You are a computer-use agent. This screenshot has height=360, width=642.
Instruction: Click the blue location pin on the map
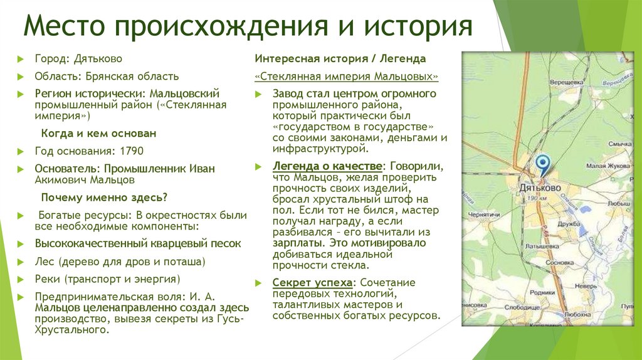(x=543, y=164)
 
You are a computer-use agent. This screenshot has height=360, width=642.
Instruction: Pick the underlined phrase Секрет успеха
(x=312, y=282)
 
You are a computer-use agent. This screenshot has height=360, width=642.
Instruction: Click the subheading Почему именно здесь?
(x=104, y=198)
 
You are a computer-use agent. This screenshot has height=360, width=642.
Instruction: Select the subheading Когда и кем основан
(x=98, y=134)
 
